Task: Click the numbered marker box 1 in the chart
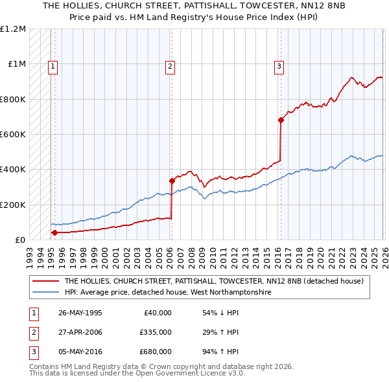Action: click(x=53, y=65)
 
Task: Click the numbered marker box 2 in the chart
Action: click(x=170, y=65)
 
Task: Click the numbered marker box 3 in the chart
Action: click(x=279, y=65)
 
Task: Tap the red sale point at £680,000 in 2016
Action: click(x=281, y=120)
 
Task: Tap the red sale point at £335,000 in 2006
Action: click(x=172, y=181)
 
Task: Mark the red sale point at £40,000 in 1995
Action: click(x=55, y=232)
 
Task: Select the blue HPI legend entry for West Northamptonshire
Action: click(x=167, y=293)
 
